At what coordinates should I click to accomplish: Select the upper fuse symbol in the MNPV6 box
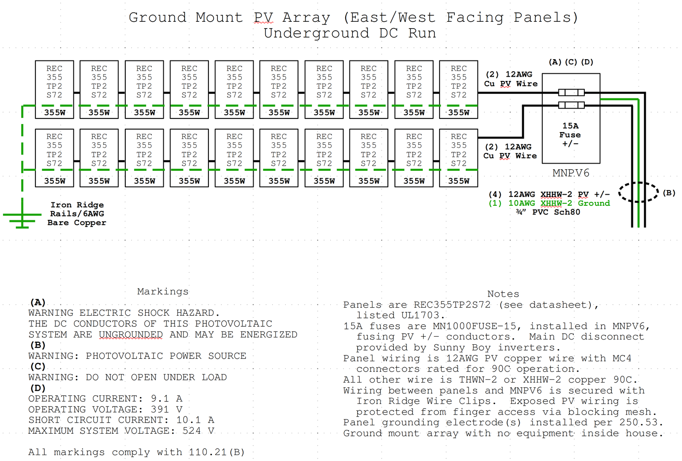(x=571, y=92)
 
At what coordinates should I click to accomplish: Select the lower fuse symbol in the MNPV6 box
(x=571, y=105)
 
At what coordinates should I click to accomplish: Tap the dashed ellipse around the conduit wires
(x=638, y=192)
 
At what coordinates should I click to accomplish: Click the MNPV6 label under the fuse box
(x=571, y=173)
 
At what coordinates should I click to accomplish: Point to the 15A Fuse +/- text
(x=570, y=135)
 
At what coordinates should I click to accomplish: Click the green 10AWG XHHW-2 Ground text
(x=549, y=203)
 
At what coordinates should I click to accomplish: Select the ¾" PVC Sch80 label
(x=548, y=212)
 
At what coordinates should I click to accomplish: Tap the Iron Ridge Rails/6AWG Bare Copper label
(x=77, y=214)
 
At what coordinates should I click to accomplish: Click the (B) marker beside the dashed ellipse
(x=669, y=193)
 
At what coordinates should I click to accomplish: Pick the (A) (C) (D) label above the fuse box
(x=571, y=62)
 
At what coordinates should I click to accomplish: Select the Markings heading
(x=162, y=291)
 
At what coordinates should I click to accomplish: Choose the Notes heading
(x=503, y=294)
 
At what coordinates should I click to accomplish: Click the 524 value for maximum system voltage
(x=192, y=431)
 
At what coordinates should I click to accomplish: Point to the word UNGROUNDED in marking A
(x=131, y=335)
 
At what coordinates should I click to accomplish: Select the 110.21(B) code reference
(x=217, y=452)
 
